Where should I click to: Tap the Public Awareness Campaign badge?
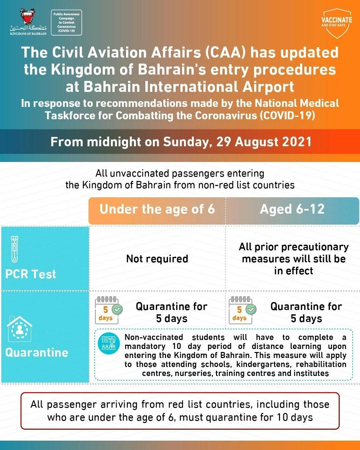(67, 23)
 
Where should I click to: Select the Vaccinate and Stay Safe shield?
(336, 23)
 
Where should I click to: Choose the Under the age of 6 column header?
(157, 209)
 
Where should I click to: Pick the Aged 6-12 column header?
(292, 209)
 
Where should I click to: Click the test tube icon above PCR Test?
(15, 249)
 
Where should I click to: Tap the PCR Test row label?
(31, 274)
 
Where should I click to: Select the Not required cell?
(157, 259)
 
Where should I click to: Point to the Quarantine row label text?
(37, 352)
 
